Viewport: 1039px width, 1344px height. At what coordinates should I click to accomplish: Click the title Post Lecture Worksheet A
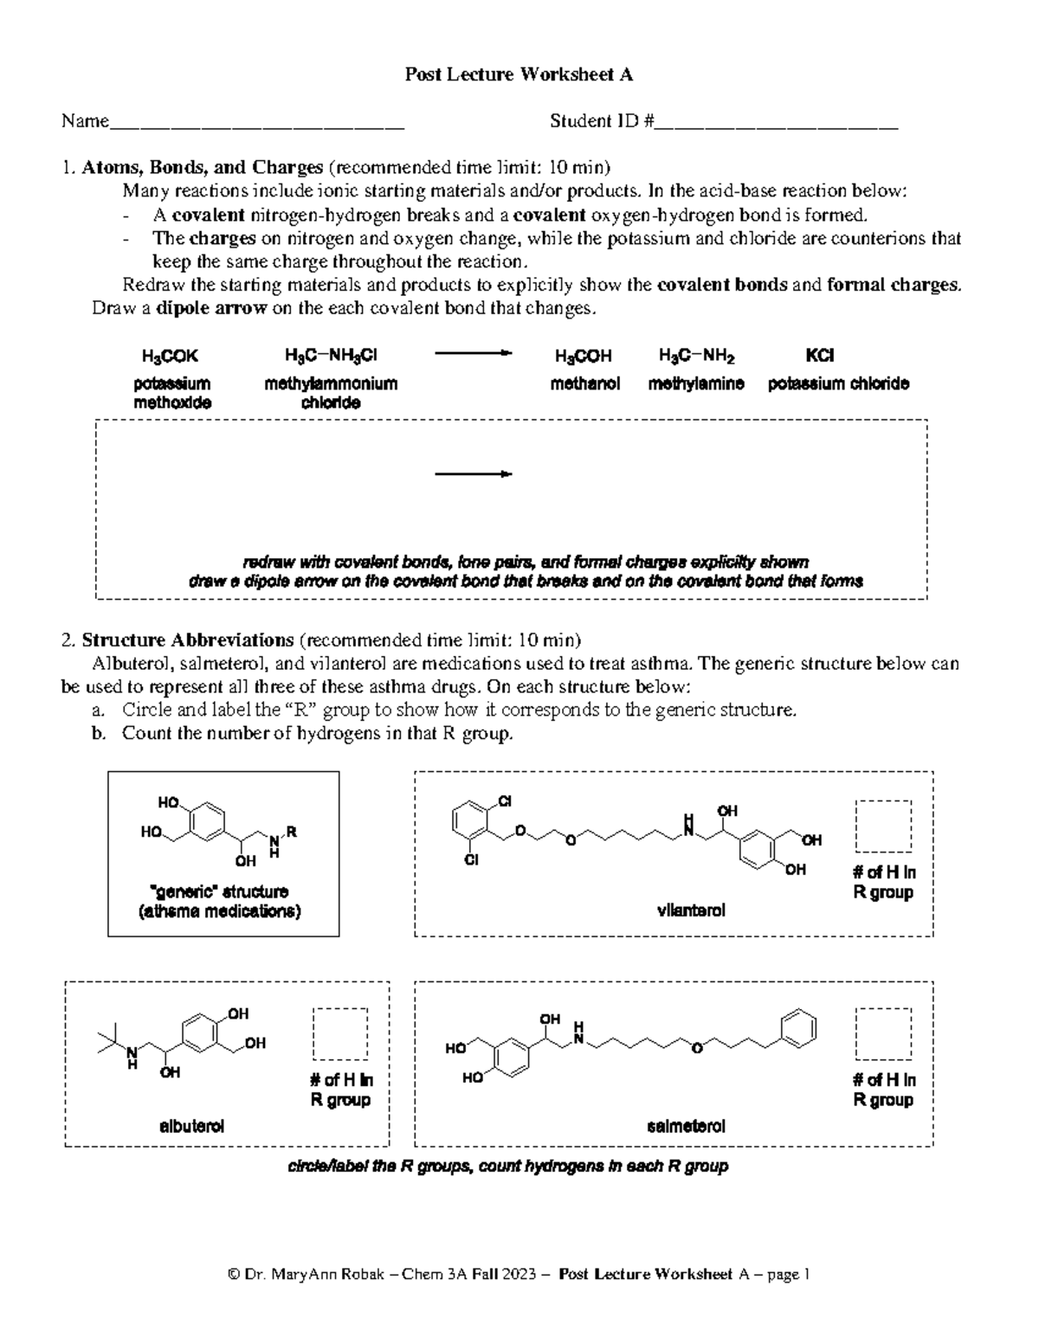pyautogui.click(x=519, y=74)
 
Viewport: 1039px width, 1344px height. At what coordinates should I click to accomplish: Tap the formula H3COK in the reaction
pyautogui.click(x=170, y=356)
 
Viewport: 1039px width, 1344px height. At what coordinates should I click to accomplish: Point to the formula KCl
pyautogui.click(x=819, y=356)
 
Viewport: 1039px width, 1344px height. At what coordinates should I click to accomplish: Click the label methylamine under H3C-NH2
pyautogui.click(x=696, y=383)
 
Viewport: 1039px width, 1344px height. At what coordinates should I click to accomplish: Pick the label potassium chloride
pyautogui.click(x=838, y=383)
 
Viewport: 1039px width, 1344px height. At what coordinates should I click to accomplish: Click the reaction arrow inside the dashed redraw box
pyautogui.click(x=473, y=474)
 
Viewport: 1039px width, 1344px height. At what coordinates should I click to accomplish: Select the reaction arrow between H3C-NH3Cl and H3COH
pyautogui.click(x=473, y=353)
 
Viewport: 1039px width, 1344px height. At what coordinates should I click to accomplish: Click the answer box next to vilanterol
pyautogui.click(x=882, y=826)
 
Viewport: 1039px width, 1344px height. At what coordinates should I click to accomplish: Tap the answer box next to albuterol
pyautogui.click(x=339, y=1033)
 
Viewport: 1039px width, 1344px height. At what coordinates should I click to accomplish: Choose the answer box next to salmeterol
pyautogui.click(x=882, y=1033)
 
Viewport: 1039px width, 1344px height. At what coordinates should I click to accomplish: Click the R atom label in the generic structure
pyautogui.click(x=292, y=832)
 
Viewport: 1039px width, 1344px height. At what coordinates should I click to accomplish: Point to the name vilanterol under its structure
pyautogui.click(x=691, y=910)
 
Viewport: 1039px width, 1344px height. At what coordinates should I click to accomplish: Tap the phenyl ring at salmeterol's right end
pyautogui.click(x=799, y=1028)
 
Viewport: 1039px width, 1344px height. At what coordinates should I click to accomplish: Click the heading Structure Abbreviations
pyautogui.click(x=188, y=640)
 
